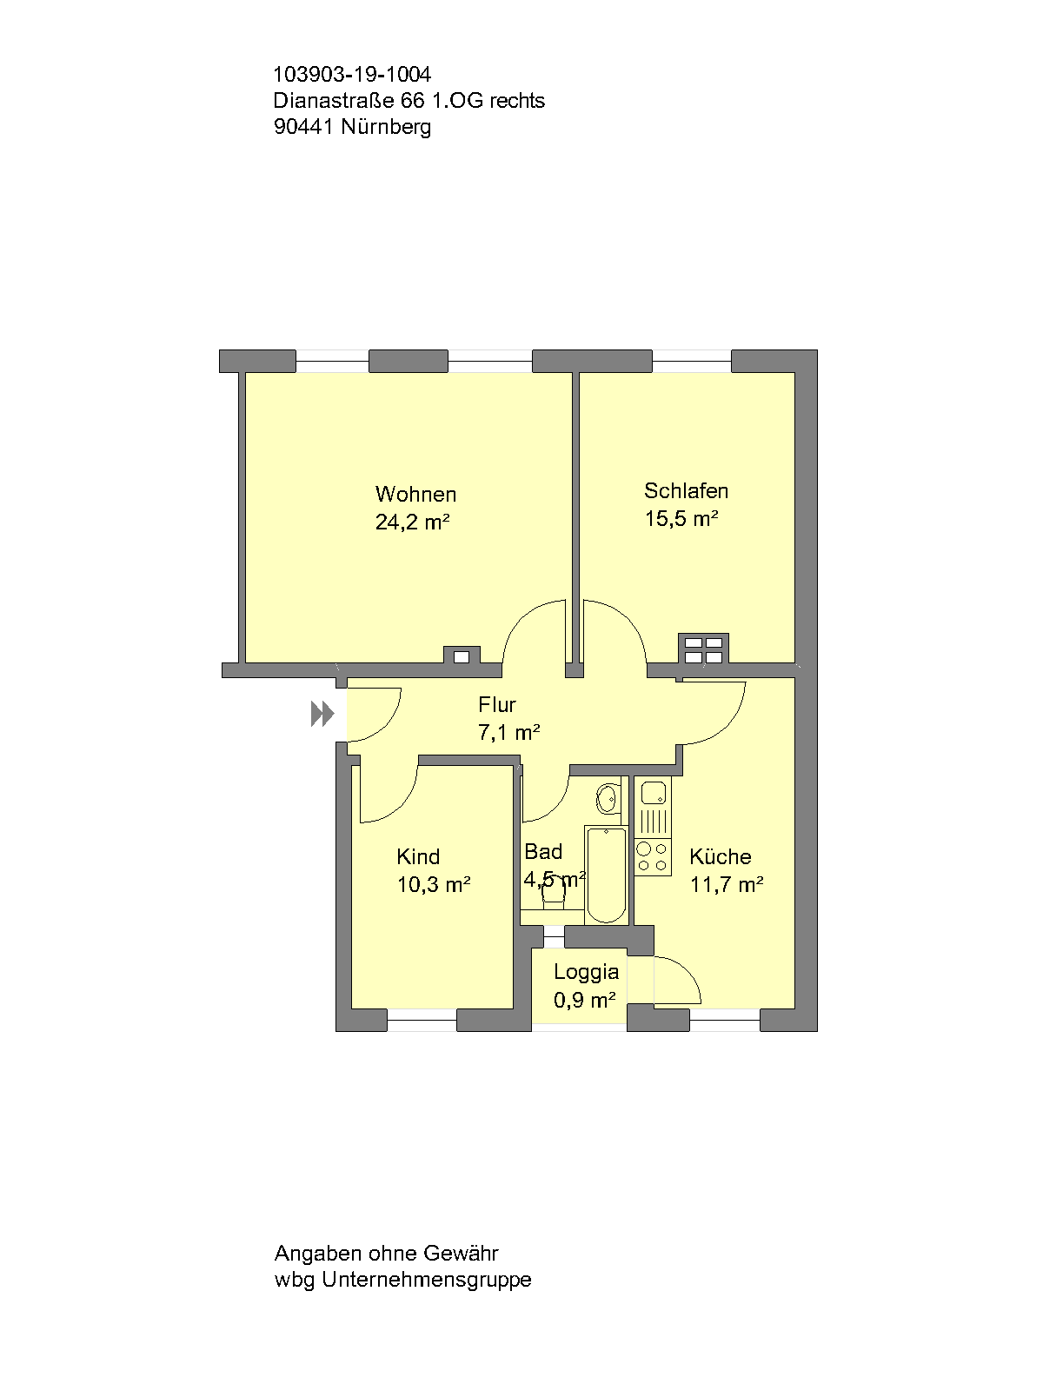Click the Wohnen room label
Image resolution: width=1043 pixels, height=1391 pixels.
pyautogui.click(x=415, y=495)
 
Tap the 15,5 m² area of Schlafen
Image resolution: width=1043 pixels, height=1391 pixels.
pyautogui.click(x=681, y=519)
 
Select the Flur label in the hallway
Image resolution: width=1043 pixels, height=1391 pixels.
pyautogui.click(x=497, y=705)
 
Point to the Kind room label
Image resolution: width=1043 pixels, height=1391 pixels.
pyautogui.click(x=418, y=857)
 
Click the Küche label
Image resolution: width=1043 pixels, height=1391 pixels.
pyautogui.click(x=721, y=857)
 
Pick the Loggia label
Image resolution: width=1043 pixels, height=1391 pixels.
pyautogui.click(x=587, y=972)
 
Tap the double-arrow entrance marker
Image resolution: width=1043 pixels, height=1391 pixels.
pyautogui.click(x=322, y=714)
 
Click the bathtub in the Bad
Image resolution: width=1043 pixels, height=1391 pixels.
pyautogui.click(x=606, y=874)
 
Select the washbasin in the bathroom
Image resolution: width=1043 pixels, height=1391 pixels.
pyautogui.click(x=608, y=798)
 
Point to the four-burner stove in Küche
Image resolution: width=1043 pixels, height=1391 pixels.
pyautogui.click(x=653, y=856)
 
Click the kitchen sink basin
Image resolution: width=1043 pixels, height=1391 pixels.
pyautogui.click(x=654, y=793)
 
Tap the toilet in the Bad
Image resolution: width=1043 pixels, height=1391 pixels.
pyautogui.click(x=554, y=894)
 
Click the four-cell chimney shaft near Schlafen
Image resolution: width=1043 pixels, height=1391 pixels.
pyautogui.click(x=703, y=649)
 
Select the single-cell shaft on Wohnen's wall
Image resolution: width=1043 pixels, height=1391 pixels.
pyautogui.click(x=462, y=656)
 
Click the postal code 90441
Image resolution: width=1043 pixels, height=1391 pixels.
pyautogui.click(x=303, y=127)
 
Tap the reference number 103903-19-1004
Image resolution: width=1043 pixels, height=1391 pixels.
pyautogui.click(x=352, y=75)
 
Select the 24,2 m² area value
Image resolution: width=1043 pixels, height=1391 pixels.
pyautogui.click(x=412, y=522)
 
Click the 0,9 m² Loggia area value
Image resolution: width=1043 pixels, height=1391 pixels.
pyautogui.click(x=584, y=1001)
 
